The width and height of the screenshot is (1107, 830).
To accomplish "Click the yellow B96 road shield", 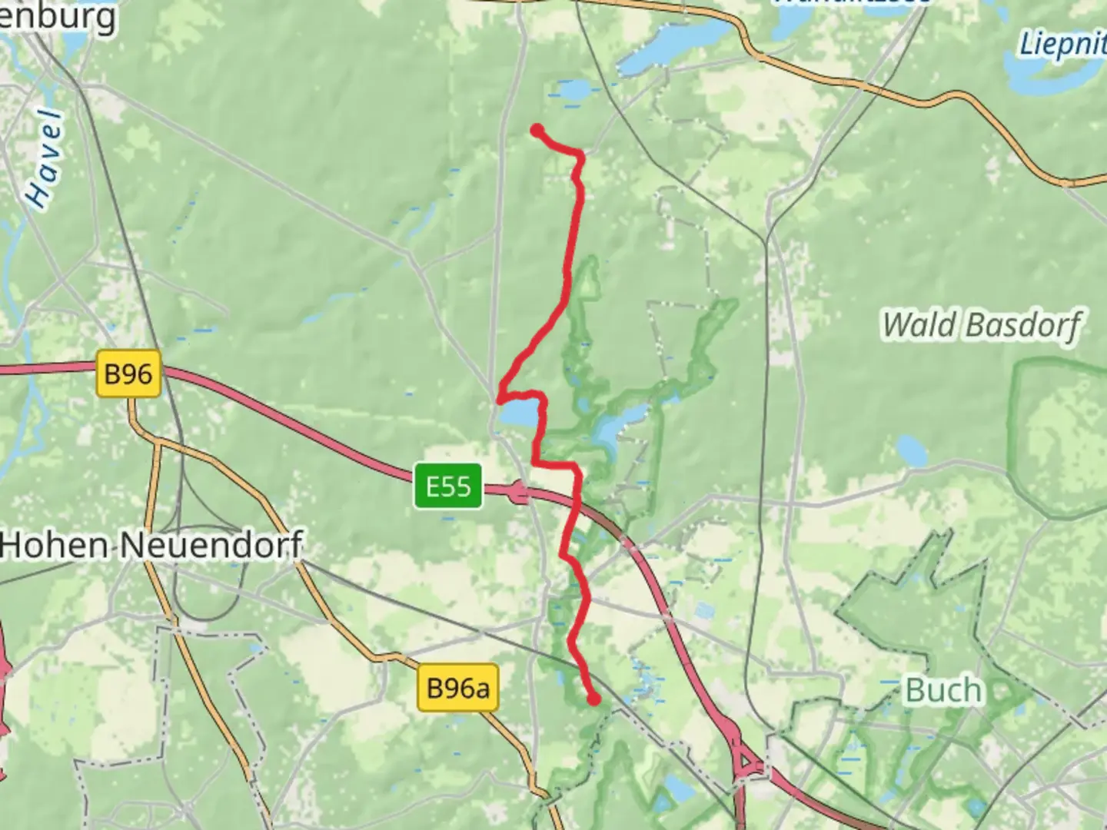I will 128,374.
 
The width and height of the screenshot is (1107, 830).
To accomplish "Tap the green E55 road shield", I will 448,486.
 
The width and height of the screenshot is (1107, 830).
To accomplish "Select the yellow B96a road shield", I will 457,688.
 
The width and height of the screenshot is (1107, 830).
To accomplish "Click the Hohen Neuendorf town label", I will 151,546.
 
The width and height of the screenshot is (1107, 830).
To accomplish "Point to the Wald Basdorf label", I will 981,325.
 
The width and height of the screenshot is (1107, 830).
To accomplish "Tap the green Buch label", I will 943,690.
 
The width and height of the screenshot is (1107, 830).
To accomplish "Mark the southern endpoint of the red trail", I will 594,699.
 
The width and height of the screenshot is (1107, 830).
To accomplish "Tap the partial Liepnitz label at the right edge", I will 1064,45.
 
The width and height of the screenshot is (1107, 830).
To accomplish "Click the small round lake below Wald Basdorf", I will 912,450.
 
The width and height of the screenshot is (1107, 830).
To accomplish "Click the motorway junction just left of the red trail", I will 520,492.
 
